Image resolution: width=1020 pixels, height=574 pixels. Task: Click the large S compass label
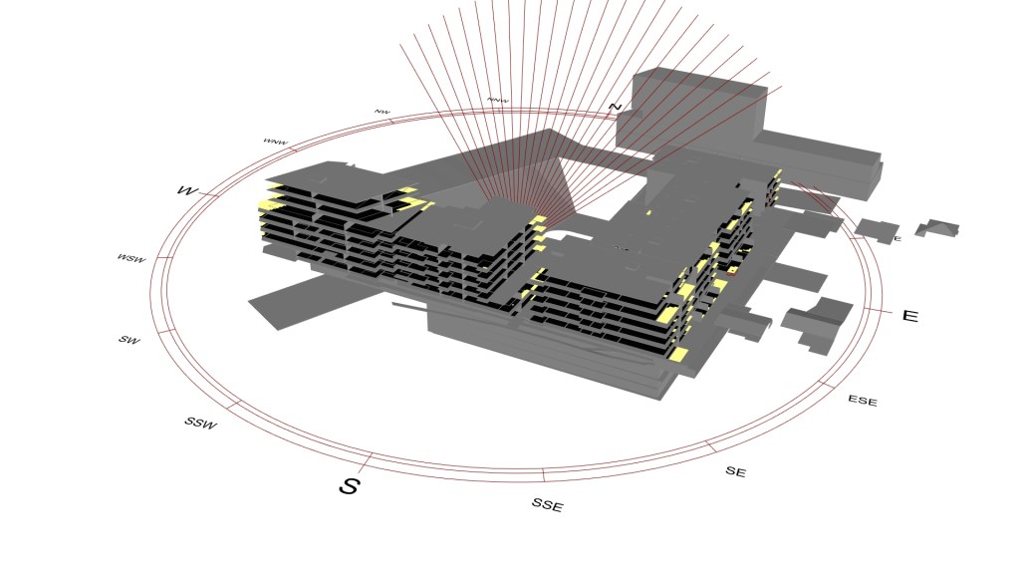pyautogui.click(x=349, y=485)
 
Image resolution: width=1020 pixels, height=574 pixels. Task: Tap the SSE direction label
pyautogui.click(x=547, y=505)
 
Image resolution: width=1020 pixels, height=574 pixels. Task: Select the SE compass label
pyautogui.click(x=735, y=471)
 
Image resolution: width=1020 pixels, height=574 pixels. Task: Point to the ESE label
pyautogui.click(x=863, y=401)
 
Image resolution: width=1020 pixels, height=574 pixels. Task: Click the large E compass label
pyautogui.click(x=909, y=316)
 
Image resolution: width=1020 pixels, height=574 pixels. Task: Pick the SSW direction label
pyautogui.click(x=200, y=423)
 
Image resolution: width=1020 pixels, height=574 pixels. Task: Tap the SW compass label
pyautogui.click(x=128, y=340)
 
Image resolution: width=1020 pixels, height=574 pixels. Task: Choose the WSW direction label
pyautogui.click(x=130, y=259)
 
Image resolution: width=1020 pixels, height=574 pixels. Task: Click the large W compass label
pyautogui.click(x=186, y=189)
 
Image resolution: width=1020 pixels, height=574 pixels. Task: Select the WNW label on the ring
pyautogui.click(x=275, y=142)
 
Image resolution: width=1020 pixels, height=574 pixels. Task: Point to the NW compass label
pyautogui.click(x=382, y=112)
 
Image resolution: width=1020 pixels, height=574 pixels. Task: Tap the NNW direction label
pyautogui.click(x=497, y=101)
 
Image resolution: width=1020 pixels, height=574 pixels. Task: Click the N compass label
pyautogui.click(x=615, y=107)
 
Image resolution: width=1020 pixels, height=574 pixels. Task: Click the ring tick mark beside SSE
pyautogui.click(x=543, y=474)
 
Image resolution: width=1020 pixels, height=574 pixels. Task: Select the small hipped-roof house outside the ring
pyautogui.click(x=937, y=228)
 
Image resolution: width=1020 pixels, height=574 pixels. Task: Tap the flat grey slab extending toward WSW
pyautogui.click(x=299, y=299)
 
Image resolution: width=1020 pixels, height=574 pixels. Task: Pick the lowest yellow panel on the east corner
pyautogui.click(x=678, y=354)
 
